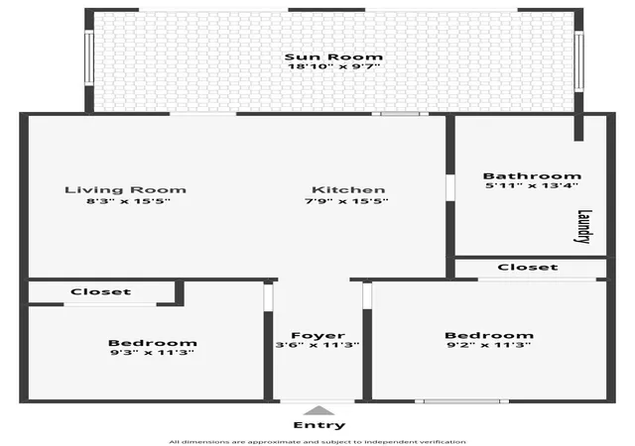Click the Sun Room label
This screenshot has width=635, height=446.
(333, 56)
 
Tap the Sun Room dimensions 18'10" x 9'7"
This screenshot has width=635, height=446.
(333, 66)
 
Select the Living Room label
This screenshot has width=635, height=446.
(126, 190)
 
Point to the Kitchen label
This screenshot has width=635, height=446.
(348, 190)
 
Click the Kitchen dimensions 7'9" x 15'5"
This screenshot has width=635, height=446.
(346, 201)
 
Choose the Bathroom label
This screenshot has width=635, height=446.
(532, 176)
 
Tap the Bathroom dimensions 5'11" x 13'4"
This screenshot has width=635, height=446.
(532, 185)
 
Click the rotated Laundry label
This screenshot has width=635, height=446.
(584, 226)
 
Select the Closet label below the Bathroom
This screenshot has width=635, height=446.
(528, 268)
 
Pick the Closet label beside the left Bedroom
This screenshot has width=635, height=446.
(101, 291)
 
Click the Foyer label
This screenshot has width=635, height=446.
(318, 336)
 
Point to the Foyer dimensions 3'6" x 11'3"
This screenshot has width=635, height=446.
(317, 345)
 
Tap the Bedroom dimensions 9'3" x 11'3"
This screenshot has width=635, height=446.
(152, 353)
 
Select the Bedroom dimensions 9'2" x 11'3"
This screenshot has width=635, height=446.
(489, 345)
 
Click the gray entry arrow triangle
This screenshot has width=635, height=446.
(319, 410)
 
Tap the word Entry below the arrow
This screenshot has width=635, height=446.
(319, 425)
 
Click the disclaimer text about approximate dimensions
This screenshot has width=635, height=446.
(317, 442)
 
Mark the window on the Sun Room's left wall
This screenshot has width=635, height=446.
(88, 57)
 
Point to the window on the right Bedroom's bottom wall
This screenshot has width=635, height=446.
(461, 401)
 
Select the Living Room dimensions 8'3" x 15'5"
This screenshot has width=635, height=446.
(128, 201)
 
